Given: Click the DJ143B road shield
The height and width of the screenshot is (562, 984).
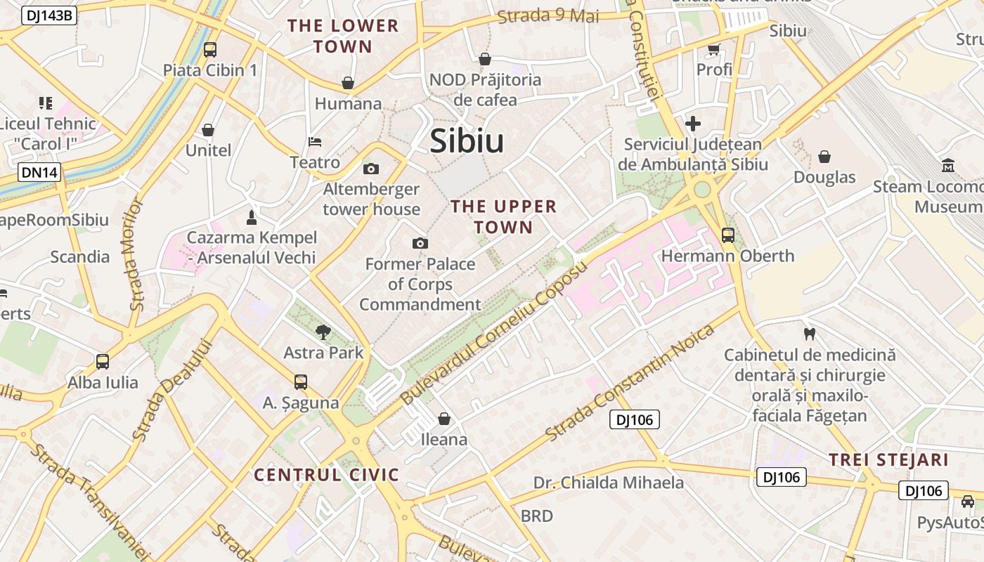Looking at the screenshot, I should click(48, 15).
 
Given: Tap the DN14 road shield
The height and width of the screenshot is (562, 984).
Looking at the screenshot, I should click(39, 172).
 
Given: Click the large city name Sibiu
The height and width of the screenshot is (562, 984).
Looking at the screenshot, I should click(467, 141).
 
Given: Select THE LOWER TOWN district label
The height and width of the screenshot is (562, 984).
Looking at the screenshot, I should click(343, 37).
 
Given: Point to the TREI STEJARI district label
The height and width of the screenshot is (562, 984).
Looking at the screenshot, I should click(888, 460).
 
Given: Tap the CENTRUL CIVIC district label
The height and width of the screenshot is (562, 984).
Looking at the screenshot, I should click(327, 475).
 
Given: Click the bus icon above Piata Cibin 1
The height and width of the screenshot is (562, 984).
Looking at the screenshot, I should click(210, 49).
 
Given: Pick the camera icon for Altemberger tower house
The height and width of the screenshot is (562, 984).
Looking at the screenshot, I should click(371, 169).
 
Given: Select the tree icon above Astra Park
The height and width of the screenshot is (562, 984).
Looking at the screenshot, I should click(323, 332).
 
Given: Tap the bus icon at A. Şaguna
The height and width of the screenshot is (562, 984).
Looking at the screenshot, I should click(301, 382).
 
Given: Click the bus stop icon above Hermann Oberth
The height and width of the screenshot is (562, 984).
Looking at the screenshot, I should click(727, 235).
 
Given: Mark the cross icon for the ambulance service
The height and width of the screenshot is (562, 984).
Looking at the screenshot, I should click(693, 124).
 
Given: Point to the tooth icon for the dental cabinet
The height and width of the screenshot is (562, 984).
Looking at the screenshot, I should click(809, 334).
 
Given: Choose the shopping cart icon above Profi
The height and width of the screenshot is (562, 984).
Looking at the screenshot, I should click(714, 49).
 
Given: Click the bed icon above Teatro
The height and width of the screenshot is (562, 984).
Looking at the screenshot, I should click(315, 142).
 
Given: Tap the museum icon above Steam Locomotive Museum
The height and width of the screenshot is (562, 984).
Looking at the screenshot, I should click(948, 166).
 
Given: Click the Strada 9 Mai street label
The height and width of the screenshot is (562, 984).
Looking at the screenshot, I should click(548, 15).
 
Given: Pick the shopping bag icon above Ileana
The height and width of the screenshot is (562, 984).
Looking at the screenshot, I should click(444, 419).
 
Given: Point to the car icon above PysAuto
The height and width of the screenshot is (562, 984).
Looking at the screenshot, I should click(968, 502).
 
